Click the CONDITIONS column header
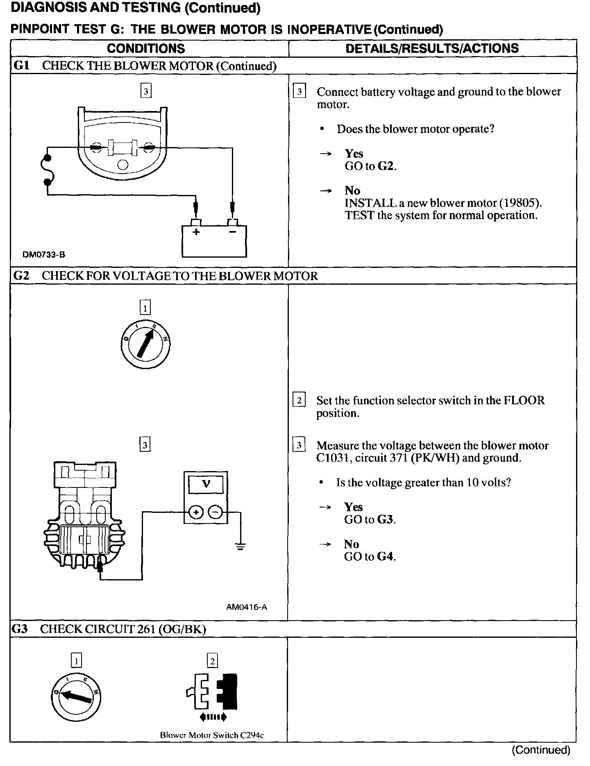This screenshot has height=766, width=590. (x=146, y=49)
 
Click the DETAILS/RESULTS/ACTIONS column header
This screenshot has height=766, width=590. (x=432, y=48)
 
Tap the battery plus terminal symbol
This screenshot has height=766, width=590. (x=196, y=232)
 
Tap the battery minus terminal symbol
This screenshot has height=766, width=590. (x=233, y=232)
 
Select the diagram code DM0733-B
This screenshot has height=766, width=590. (x=44, y=255)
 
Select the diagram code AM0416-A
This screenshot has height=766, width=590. (x=246, y=607)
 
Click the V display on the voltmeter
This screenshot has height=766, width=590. (x=206, y=485)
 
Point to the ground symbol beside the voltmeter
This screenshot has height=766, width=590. (x=241, y=546)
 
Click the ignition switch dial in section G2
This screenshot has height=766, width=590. (x=145, y=344)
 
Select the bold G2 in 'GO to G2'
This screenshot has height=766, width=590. (x=387, y=166)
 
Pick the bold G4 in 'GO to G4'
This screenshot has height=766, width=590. (x=386, y=557)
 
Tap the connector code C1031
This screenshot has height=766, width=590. (x=334, y=458)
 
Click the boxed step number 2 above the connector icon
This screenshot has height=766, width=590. (x=212, y=661)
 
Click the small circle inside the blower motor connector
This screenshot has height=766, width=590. (x=123, y=165)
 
